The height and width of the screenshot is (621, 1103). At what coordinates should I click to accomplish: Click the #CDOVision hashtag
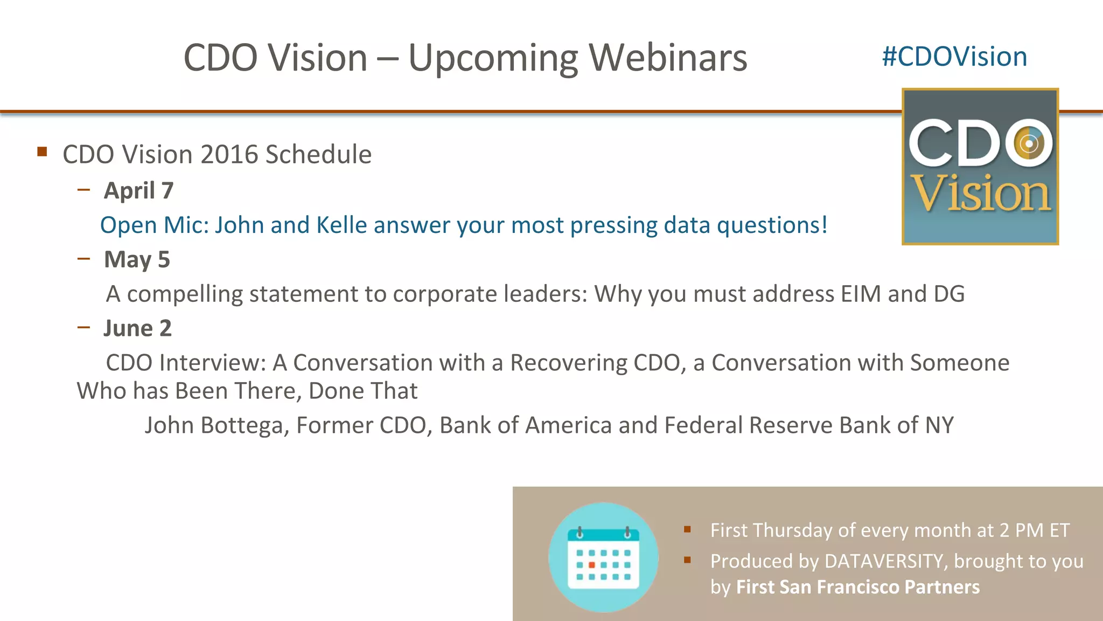click(954, 57)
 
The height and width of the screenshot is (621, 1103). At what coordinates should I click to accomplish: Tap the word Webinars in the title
click(668, 58)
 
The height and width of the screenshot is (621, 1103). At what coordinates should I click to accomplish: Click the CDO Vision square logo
click(980, 167)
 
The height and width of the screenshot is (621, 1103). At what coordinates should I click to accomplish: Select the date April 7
click(138, 191)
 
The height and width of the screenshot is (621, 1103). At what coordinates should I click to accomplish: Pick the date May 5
click(137, 260)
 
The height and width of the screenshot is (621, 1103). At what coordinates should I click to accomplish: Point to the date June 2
click(137, 328)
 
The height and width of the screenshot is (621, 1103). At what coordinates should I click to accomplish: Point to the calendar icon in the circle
click(603, 557)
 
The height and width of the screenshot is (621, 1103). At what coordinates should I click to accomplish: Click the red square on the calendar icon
click(591, 565)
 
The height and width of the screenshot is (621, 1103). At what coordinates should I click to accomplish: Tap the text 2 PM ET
click(1034, 530)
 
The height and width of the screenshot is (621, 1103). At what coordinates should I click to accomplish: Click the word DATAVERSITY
click(884, 561)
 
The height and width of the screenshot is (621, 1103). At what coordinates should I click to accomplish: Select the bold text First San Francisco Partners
click(857, 587)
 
